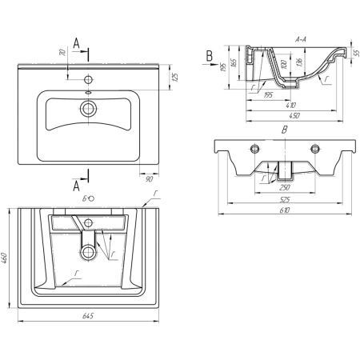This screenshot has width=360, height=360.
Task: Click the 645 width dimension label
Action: (x=88, y=316)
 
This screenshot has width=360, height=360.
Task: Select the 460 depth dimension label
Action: (x=5, y=258)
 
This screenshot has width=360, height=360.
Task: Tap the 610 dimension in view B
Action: (x=285, y=210)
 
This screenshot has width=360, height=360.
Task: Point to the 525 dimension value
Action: (x=285, y=199)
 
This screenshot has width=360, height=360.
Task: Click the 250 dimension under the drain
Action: (x=285, y=188)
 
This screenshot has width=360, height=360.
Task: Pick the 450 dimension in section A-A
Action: (x=294, y=116)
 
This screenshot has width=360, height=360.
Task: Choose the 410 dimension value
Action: (x=290, y=105)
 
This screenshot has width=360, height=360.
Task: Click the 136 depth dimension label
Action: (x=299, y=62)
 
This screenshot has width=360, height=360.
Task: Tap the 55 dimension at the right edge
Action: (x=356, y=53)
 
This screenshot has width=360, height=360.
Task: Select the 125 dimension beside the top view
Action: (x=175, y=77)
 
